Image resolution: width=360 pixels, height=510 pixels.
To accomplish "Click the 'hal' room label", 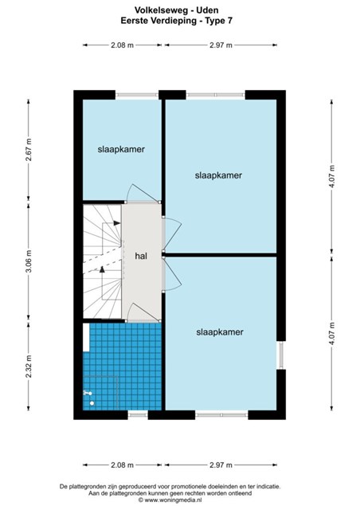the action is click(x=141, y=256).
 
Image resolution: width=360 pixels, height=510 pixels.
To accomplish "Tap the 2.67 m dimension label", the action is click(x=29, y=150).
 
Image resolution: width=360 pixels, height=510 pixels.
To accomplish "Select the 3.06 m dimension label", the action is click(x=29, y=261).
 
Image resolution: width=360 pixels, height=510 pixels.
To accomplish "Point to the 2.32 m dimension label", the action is click(x=29, y=367).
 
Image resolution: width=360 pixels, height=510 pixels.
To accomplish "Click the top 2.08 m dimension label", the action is click(x=122, y=45).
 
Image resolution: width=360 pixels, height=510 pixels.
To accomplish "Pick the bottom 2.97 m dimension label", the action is click(x=221, y=465).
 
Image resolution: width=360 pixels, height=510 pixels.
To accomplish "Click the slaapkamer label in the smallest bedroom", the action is click(x=121, y=149).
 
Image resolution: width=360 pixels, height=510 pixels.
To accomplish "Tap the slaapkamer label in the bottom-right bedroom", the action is click(x=220, y=332).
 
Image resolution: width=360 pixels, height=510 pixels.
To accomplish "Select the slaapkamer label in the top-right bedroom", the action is click(x=218, y=175).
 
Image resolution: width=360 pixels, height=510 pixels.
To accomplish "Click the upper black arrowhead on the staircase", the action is click(x=117, y=223).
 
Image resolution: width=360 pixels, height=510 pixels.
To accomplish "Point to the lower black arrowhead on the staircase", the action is click(x=103, y=269).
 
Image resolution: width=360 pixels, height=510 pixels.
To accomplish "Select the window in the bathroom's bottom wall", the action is click(x=138, y=414).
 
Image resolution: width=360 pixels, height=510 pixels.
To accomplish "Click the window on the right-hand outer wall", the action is click(x=281, y=355).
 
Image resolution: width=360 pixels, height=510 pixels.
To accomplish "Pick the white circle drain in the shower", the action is click(x=92, y=403).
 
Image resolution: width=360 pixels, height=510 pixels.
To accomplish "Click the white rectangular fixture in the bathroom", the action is click(x=86, y=337).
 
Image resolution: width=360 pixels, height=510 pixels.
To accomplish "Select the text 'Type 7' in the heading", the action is click(x=221, y=22).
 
